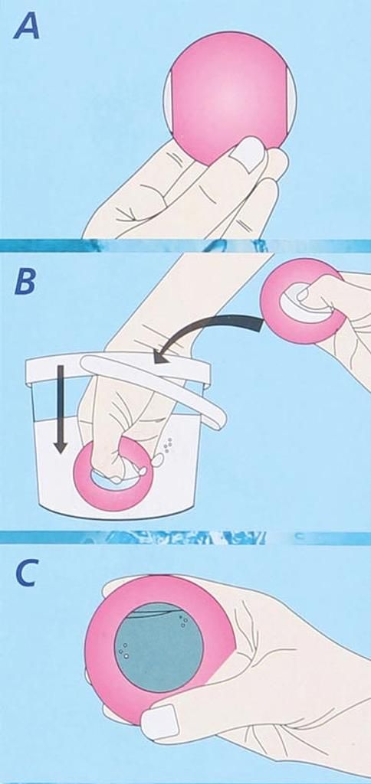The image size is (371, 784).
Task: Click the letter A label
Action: tap(27, 25)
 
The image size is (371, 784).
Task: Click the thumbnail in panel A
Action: tap(249, 153)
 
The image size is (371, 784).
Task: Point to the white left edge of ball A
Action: tap(168, 103)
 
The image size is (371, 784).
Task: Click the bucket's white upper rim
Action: tap(118, 364)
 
